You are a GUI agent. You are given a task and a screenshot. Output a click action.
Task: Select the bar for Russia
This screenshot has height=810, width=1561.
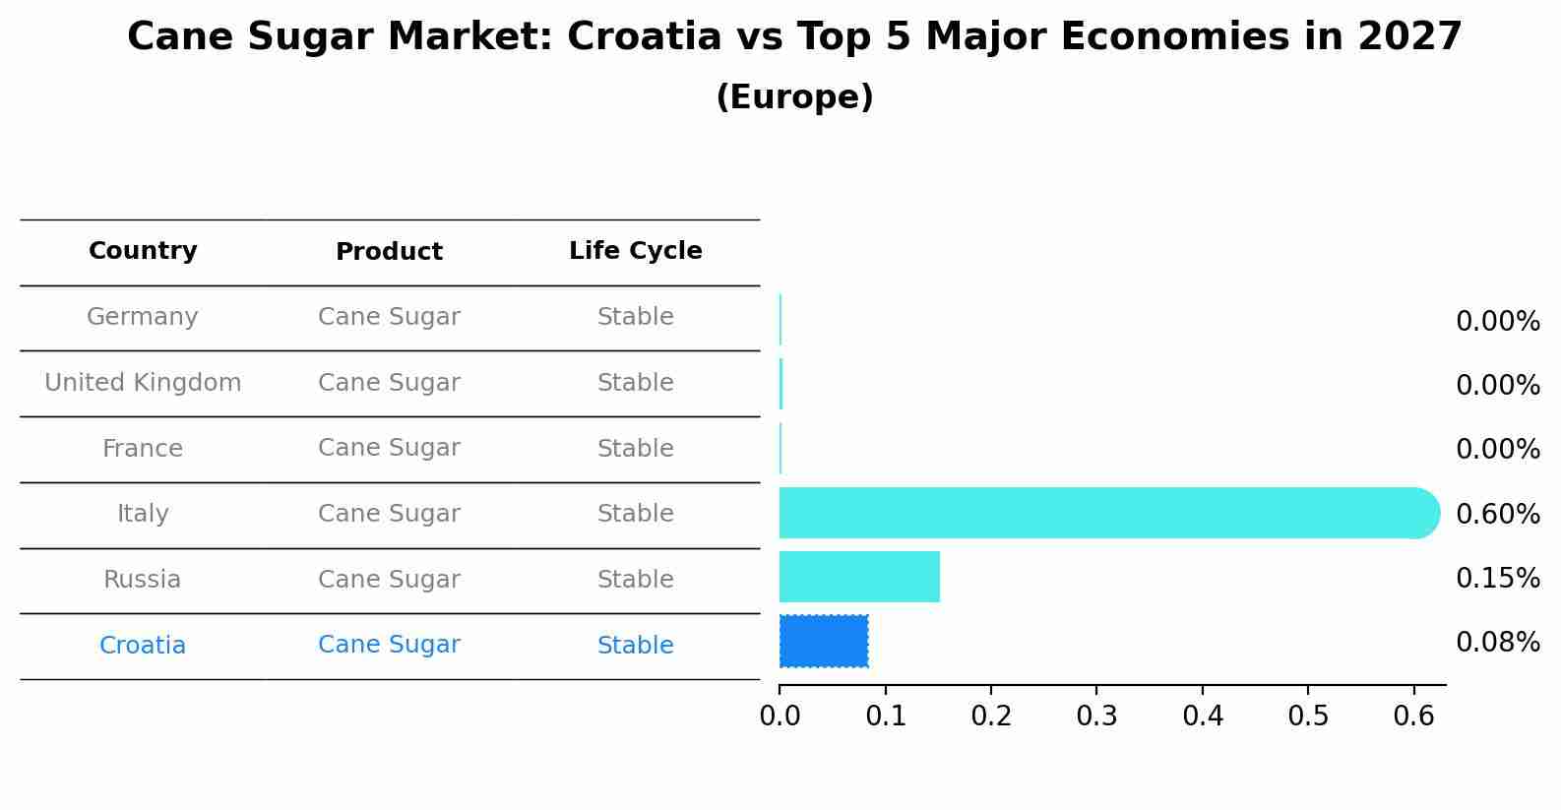point(859,577)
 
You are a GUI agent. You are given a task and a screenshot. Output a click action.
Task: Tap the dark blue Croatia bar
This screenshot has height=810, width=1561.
point(824,641)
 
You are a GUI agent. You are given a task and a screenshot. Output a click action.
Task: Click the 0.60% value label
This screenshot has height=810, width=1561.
point(1497,514)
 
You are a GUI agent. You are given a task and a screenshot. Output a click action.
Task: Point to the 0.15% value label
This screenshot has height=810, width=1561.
point(1497,578)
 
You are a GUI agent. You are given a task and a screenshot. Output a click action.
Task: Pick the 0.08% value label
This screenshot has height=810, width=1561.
point(1497,643)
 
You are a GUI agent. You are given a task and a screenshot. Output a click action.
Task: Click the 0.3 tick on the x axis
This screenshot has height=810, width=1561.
point(1096,716)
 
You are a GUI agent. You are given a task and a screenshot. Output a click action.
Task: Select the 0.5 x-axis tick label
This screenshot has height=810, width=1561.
point(1308,716)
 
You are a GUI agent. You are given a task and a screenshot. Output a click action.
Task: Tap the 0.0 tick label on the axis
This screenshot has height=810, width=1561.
point(780,716)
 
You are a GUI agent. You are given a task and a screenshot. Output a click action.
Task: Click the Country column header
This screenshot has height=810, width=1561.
point(143,251)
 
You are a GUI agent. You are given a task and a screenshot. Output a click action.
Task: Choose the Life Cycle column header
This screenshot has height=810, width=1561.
point(635,251)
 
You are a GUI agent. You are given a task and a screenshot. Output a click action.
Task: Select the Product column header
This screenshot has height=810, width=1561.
point(389,252)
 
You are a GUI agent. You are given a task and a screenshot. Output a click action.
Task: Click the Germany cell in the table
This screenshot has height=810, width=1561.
point(143,317)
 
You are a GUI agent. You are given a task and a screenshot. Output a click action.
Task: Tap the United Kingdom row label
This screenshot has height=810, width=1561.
point(143,383)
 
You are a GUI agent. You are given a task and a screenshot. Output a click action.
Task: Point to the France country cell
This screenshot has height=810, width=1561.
point(143,449)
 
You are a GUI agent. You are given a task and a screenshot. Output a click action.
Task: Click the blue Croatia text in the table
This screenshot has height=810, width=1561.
point(143,646)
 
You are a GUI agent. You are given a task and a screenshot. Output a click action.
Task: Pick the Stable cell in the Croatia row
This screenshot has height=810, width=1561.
point(635,646)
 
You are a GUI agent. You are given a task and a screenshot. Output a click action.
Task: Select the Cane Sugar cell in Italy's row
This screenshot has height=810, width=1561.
point(389,514)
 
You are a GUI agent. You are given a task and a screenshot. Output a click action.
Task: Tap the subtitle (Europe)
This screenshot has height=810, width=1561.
point(794,97)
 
